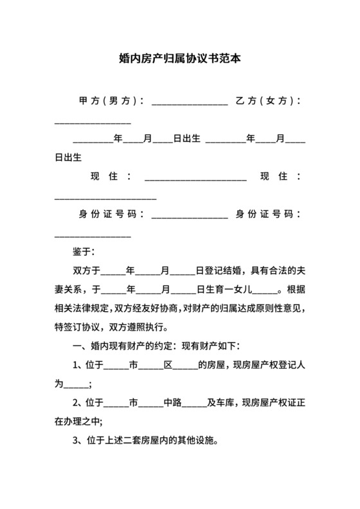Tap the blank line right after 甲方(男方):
pyautogui.click(x=190, y=103)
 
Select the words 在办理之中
pyautogui.click(x=77, y=422)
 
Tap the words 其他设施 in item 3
pyautogui.click(x=199, y=441)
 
